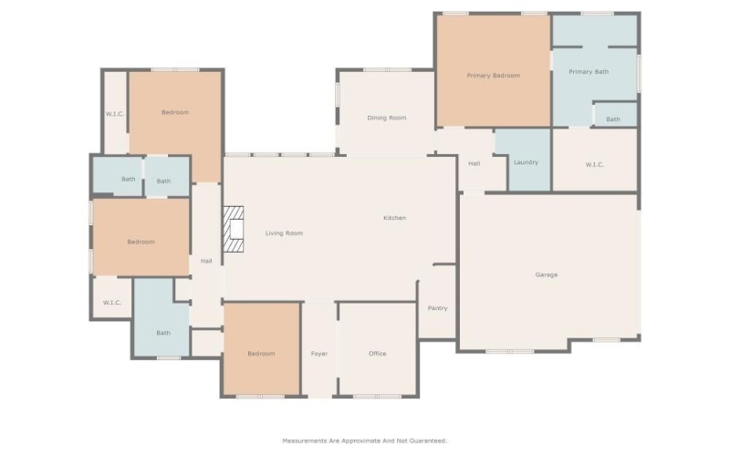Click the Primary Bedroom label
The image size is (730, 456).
[493, 76]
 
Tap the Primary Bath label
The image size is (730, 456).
[589, 71]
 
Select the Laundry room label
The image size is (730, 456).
[526, 162]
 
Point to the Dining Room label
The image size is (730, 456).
[387, 118]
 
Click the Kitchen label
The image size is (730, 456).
[394, 218]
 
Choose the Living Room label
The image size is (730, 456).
[284, 233]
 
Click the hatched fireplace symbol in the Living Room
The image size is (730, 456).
[235, 228]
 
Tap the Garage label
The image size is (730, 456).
[547, 275]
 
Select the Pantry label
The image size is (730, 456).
[437, 308]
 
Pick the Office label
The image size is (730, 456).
[378, 354]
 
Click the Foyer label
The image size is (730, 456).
[319, 354]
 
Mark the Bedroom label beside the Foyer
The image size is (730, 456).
[261, 354]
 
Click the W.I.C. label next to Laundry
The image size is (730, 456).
[594, 164]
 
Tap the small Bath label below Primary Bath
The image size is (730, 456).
[613, 119]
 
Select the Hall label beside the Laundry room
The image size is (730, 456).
[474, 164]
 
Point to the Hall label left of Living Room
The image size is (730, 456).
[206, 262]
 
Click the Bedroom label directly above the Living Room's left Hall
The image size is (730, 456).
[174, 112]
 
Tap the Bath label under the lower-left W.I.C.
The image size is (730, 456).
[163, 333]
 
